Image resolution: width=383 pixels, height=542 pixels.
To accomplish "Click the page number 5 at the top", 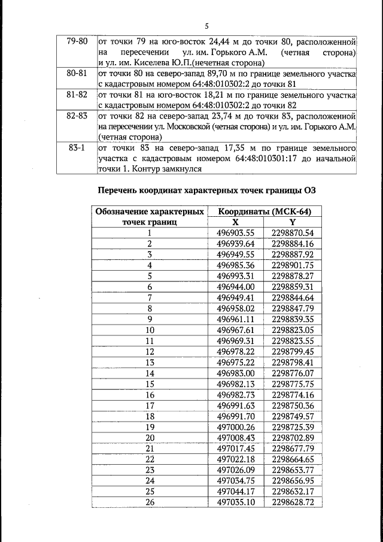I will (x=206, y=26).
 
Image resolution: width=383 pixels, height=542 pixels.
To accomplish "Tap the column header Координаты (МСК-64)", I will (x=265, y=212).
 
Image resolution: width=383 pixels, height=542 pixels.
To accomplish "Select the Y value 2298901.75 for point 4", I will (x=293, y=265).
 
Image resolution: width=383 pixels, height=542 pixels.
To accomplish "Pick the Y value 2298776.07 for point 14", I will (x=293, y=373).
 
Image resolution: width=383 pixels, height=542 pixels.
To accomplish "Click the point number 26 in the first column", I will (x=150, y=502).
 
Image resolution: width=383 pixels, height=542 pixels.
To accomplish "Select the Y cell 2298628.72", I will (x=293, y=502).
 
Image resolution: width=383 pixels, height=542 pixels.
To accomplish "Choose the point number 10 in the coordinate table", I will (x=150, y=330).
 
